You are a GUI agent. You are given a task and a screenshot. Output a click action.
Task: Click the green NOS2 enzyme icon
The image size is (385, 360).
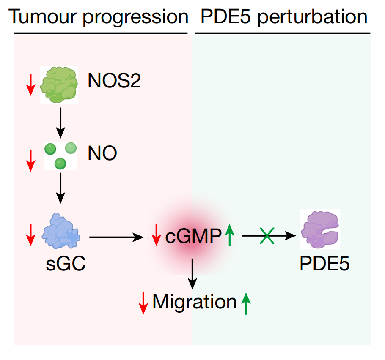click(59, 85)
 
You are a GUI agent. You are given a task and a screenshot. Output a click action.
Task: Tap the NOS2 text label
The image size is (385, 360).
click(114, 81)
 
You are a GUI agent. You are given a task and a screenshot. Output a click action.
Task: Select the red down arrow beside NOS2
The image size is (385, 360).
click(30, 84)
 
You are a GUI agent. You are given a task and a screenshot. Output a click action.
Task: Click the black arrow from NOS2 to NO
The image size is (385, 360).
click(60, 122)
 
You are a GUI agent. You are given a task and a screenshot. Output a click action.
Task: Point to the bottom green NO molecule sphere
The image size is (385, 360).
click(60, 163)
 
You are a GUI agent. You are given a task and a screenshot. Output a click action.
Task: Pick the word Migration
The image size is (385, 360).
click(194, 302)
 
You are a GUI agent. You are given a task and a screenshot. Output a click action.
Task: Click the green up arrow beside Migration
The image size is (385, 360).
click(246, 303)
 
